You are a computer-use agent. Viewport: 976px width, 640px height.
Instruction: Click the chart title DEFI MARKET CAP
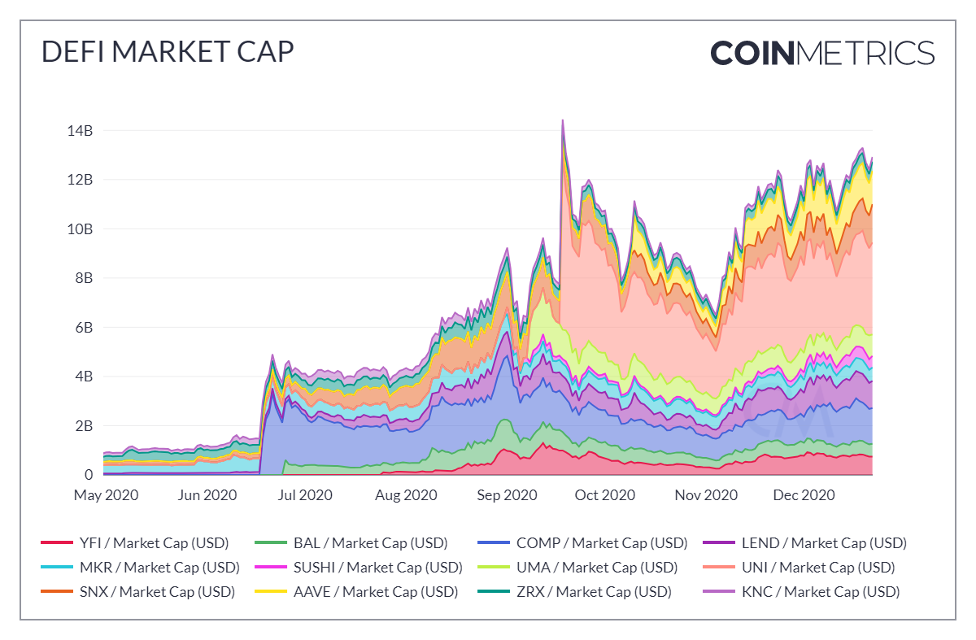[167, 52]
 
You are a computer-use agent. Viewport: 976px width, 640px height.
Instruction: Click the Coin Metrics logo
[822, 53]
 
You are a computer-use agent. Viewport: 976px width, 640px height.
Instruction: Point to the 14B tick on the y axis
[81, 130]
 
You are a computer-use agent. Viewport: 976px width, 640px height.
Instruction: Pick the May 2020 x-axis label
[106, 495]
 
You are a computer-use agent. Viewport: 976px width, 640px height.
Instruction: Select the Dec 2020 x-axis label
[804, 495]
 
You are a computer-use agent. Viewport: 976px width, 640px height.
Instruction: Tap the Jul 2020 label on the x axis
[306, 495]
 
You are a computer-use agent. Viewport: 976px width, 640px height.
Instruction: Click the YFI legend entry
[134, 543]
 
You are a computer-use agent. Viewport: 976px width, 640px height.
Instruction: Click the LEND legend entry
[813, 543]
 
